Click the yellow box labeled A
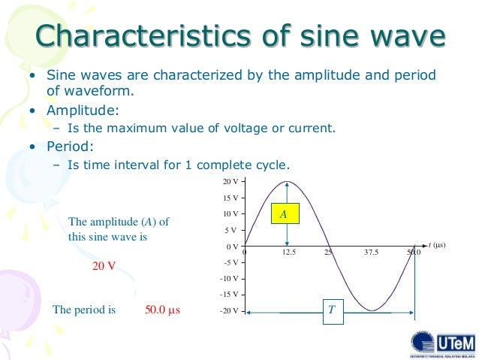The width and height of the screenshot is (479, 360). [284, 214]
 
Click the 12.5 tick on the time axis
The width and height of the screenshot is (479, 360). [289, 253]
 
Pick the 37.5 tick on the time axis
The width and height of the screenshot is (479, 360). [371, 253]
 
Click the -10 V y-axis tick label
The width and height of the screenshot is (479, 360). [228, 279]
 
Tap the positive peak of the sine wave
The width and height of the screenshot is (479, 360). [287, 182]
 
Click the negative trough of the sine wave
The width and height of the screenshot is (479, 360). [371, 310]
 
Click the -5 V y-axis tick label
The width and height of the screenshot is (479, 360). [230, 262]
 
